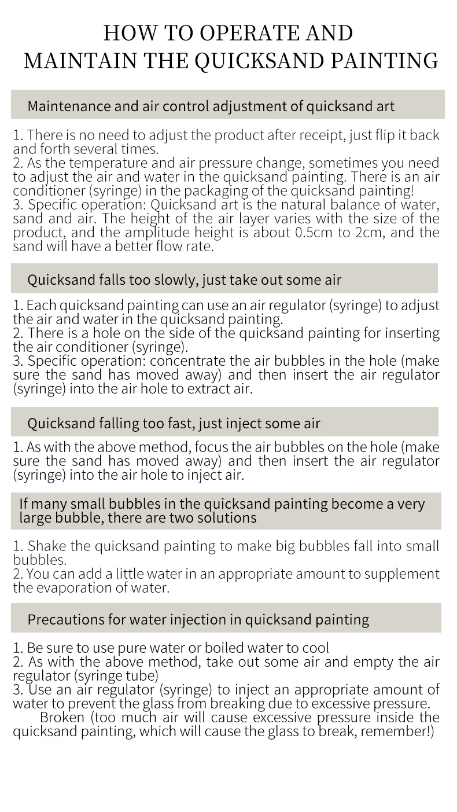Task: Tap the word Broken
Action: pos(61,718)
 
